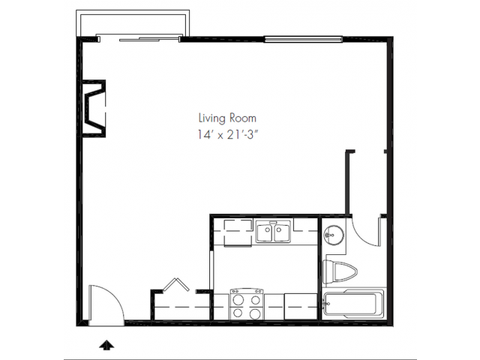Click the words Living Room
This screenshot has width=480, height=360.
pos(227,118)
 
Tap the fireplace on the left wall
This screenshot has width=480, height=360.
pos(94,108)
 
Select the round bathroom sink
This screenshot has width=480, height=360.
pos(334,235)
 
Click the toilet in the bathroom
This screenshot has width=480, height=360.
pos(340,271)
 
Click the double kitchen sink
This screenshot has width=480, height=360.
pos(273,232)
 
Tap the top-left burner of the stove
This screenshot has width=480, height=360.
pos(238,300)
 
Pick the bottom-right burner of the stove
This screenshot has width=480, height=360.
pos(255,313)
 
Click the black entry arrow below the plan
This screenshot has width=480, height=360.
pos(106,345)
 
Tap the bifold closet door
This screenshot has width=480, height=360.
pos(176,285)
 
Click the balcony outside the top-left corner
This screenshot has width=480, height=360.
pos(133,23)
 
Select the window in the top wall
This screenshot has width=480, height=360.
pos(303,39)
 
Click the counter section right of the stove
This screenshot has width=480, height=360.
pos(300,307)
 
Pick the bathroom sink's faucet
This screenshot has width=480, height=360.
pos(329,235)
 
